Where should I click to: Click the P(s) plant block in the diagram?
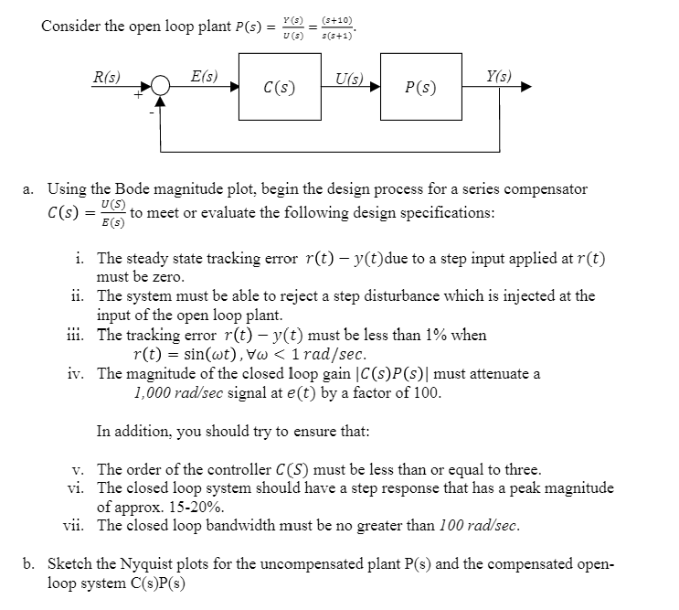pos(419,89)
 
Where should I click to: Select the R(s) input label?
pos(108,77)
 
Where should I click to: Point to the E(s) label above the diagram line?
pos(204,77)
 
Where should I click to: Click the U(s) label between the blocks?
pos(350,77)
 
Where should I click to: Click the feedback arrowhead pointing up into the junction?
pos(162,103)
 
